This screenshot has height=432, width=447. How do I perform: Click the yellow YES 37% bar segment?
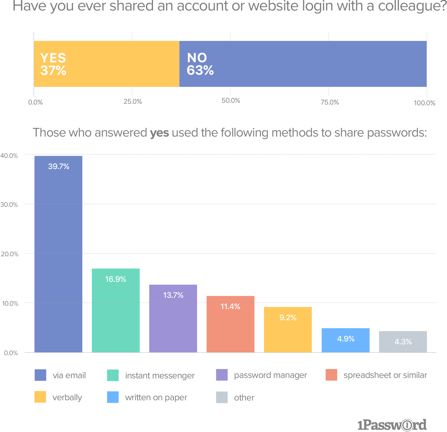[106, 64]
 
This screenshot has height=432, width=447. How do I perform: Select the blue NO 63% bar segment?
[303, 64]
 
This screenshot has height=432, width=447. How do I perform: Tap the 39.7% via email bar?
[58, 254]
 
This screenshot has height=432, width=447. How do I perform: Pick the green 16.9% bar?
[116, 310]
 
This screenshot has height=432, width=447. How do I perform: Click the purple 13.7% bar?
[173, 318]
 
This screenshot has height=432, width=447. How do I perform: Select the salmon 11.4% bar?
[230, 324]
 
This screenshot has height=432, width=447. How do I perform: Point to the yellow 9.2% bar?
[288, 330]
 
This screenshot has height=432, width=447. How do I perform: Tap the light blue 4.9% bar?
[346, 340]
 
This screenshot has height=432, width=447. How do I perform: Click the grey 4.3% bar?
[403, 342]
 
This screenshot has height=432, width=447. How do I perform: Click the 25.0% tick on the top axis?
[133, 101]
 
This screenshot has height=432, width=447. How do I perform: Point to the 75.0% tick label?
[329, 102]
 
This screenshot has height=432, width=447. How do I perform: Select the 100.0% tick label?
[424, 103]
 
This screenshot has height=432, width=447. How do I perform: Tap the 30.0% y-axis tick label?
[9, 204]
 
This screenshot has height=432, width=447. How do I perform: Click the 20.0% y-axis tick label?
[9, 254]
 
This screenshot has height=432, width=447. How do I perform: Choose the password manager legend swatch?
[222, 375]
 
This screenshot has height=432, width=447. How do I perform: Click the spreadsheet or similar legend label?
[385, 375]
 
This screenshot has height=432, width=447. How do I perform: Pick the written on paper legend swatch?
[113, 397]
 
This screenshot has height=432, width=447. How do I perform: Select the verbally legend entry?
[67, 397]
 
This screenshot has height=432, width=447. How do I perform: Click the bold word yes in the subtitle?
[159, 133]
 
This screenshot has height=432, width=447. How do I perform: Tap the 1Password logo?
[392, 425]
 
